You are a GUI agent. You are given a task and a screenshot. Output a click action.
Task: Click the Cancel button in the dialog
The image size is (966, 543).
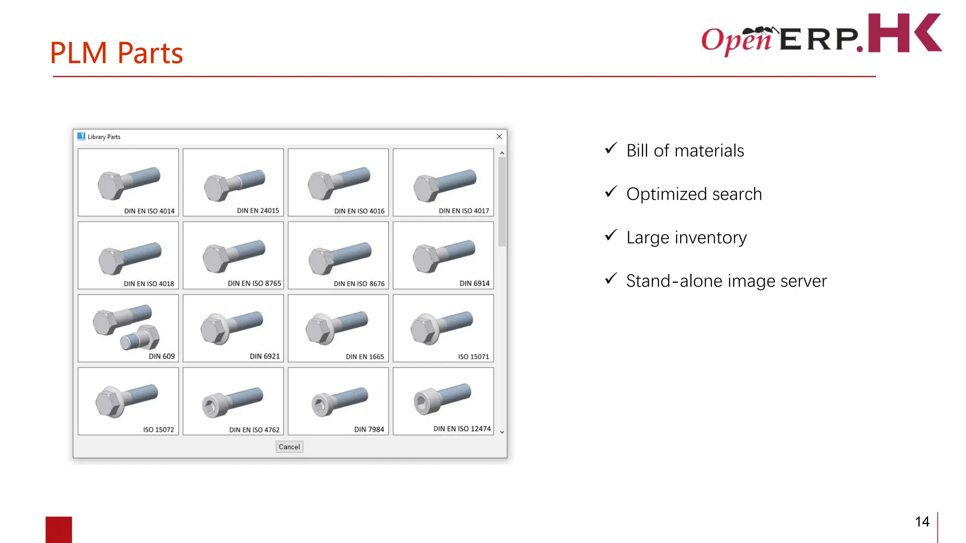289,447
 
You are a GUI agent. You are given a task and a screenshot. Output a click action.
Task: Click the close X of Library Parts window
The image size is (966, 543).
499,137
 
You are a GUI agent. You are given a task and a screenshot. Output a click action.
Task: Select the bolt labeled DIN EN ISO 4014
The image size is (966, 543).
128,183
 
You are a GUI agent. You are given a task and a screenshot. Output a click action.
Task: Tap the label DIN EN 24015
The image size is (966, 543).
258,211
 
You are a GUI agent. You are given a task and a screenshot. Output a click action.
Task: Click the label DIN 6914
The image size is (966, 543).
475,283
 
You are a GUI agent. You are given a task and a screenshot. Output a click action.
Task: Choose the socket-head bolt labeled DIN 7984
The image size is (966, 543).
339,401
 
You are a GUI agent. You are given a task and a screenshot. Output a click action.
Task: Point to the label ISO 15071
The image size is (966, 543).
473,357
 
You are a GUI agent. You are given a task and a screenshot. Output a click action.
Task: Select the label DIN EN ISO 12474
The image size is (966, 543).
462,429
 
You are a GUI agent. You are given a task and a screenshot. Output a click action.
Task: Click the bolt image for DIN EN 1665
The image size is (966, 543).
337,327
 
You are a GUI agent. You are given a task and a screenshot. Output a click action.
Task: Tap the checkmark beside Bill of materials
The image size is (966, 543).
611,149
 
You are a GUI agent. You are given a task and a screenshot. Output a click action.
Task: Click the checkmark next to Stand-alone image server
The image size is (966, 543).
611,279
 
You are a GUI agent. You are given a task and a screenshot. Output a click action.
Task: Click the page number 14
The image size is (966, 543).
922,522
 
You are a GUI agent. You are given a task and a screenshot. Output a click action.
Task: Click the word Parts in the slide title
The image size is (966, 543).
150,53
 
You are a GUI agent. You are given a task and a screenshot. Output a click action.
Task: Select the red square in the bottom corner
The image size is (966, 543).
59,529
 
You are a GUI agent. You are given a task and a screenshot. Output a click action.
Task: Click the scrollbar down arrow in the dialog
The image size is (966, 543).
502,432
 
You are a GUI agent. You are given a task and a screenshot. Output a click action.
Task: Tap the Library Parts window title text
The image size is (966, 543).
104,137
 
